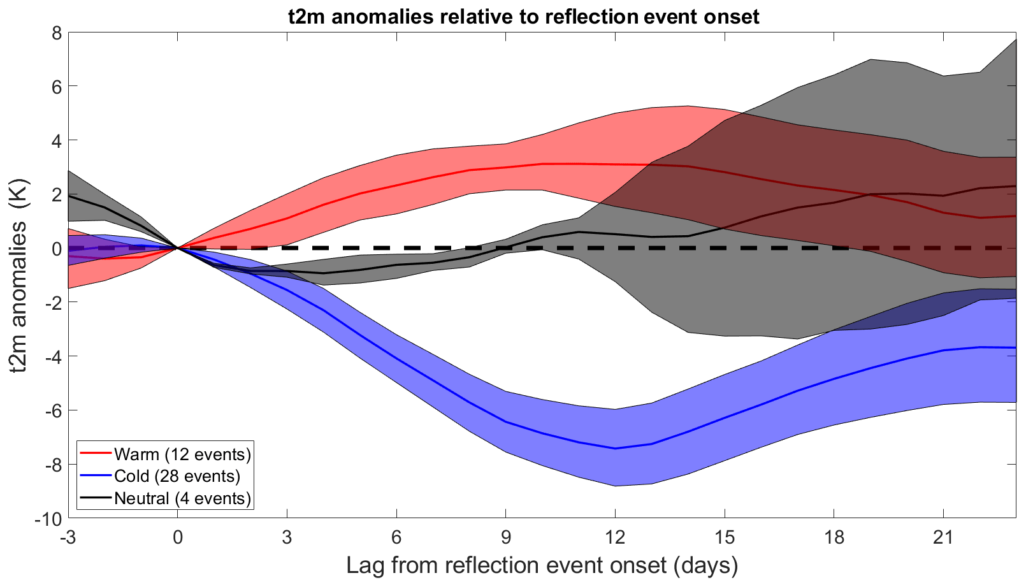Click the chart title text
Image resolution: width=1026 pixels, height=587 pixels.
click(523, 16)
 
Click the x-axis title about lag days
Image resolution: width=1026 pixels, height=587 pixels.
click(542, 565)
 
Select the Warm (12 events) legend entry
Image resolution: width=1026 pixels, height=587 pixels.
click(182, 454)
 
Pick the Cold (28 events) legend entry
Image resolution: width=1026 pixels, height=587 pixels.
click(177, 476)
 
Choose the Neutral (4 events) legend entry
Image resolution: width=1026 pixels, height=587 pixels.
click(182, 498)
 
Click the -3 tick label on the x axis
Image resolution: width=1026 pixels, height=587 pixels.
click(68, 537)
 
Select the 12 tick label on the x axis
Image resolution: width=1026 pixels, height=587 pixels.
click(615, 537)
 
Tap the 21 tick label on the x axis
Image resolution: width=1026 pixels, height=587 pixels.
click(943, 537)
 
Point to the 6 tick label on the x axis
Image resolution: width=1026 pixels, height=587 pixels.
click(396, 537)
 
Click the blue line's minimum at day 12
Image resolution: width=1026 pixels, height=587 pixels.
click(615, 449)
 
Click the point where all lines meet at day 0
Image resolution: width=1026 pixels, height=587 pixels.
click(178, 248)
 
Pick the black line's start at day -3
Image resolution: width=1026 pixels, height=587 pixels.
click(69, 196)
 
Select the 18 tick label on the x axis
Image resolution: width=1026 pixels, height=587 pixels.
click(834, 537)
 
